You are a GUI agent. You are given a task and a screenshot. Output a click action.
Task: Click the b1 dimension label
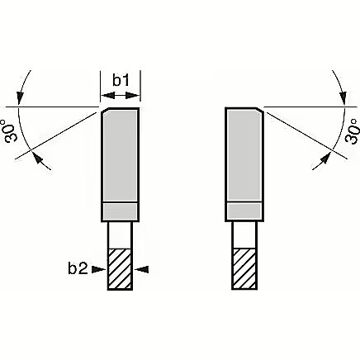121,80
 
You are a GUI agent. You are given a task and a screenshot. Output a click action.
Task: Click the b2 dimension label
78,268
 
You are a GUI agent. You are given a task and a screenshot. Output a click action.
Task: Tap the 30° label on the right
353,130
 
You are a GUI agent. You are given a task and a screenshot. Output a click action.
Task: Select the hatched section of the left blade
120,269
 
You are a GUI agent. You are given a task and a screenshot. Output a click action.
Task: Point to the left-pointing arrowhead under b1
107,96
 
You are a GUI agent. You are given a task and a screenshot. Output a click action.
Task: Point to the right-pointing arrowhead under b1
133,96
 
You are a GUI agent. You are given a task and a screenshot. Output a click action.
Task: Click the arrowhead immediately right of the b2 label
98,269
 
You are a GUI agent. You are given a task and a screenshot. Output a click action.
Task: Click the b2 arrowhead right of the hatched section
143,269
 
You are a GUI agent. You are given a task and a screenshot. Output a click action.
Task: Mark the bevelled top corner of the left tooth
106,111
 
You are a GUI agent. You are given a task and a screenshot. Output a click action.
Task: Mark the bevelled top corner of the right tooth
259,111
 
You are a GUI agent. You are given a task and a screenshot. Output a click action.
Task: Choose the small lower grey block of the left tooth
120,211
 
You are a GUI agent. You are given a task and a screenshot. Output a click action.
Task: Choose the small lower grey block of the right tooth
244,211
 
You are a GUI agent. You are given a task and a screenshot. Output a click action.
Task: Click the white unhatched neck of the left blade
120,234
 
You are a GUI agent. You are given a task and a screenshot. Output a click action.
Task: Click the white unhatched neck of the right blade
244,234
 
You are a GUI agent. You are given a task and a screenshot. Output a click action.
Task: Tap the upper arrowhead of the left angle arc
20,98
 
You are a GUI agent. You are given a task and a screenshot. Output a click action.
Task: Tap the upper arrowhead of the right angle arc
343,98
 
